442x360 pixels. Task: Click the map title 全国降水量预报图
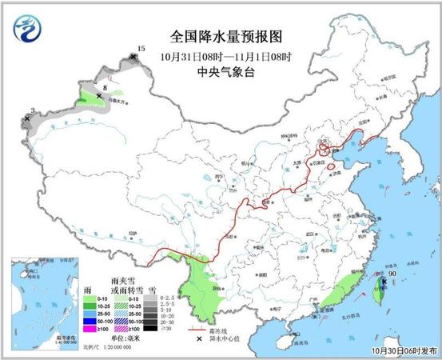(x=226, y=38)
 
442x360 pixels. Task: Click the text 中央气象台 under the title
(x=226, y=70)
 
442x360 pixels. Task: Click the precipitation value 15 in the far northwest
(x=141, y=50)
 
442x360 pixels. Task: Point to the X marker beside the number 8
(x=99, y=95)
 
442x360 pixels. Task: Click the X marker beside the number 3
(x=27, y=118)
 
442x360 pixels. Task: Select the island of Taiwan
(x=382, y=290)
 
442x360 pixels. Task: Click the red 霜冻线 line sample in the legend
(x=195, y=328)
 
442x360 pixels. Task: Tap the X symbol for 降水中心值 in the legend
(x=195, y=338)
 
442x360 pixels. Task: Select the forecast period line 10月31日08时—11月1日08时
(x=226, y=55)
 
